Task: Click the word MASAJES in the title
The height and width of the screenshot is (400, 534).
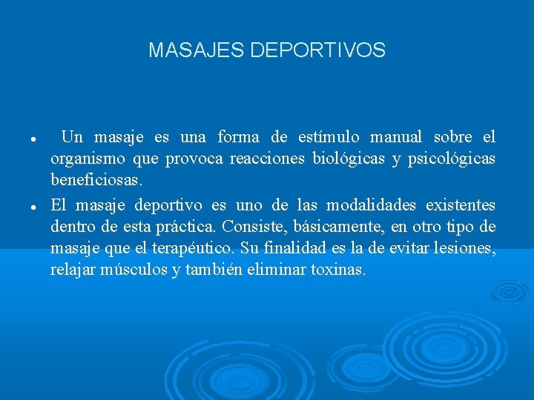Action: pos(197,50)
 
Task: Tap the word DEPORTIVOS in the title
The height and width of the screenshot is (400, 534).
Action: pos(318,50)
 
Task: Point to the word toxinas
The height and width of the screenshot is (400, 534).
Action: pos(338,270)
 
